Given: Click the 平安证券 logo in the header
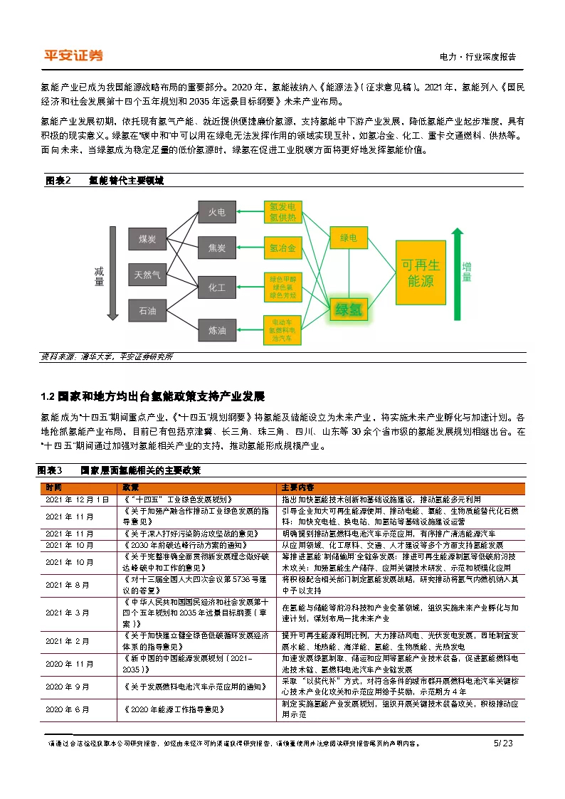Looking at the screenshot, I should point(73,55).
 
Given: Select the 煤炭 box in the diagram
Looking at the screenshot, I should point(148,239).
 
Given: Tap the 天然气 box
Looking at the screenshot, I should point(148,274).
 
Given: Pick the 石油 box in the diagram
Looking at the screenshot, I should point(148,310).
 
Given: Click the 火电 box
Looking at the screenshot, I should point(216,212).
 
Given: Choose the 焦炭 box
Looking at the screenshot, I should point(216,248).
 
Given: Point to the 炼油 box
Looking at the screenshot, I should point(216,330).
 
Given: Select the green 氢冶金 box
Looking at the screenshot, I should point(282,248).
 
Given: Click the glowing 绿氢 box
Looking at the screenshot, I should point(348,309).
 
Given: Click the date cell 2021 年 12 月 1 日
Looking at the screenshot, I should point(78,500).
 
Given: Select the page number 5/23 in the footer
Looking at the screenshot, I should point(502,744).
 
